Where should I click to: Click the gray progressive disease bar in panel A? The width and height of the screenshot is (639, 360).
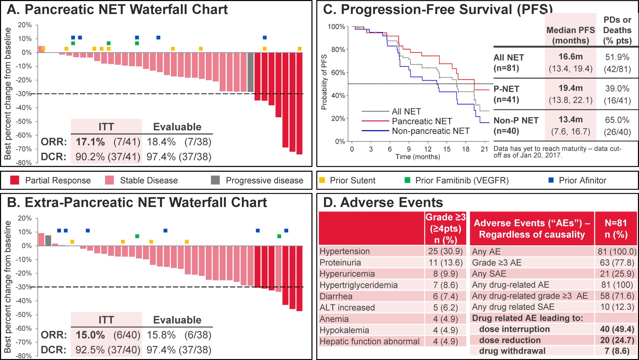[x=250, y=73]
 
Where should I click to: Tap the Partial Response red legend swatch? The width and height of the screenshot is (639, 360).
[x=15, y=180]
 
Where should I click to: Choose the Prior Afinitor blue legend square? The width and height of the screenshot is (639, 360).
[x=551, y=180]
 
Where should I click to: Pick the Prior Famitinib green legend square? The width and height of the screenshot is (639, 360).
[x=407, y=180]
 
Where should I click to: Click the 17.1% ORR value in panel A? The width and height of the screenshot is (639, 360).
[x=90, y=142]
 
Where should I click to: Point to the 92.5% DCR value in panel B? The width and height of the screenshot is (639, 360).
[x=90, y=350]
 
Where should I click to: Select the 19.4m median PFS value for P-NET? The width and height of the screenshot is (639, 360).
[x=571, y=88]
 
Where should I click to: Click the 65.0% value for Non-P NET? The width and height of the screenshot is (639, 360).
[x=617, y=120]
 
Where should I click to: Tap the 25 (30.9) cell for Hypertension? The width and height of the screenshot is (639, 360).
[x=445, y=251]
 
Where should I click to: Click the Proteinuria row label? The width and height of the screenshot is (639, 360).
[x=340, y=263]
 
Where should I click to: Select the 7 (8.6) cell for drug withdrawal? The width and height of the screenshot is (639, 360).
[x=617, y=351]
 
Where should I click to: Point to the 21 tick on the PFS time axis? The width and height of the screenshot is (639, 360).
[x=484, y=149]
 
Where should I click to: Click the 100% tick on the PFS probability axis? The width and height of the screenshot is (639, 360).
[x=336, y=27]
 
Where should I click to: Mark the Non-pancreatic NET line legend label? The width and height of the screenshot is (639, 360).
[x=431, y=131]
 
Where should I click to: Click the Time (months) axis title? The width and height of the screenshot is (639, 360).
[x=418, y=157]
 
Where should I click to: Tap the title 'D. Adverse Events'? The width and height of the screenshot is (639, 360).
[x=383, y=203]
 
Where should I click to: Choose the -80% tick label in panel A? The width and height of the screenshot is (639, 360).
[x=24, y=163]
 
